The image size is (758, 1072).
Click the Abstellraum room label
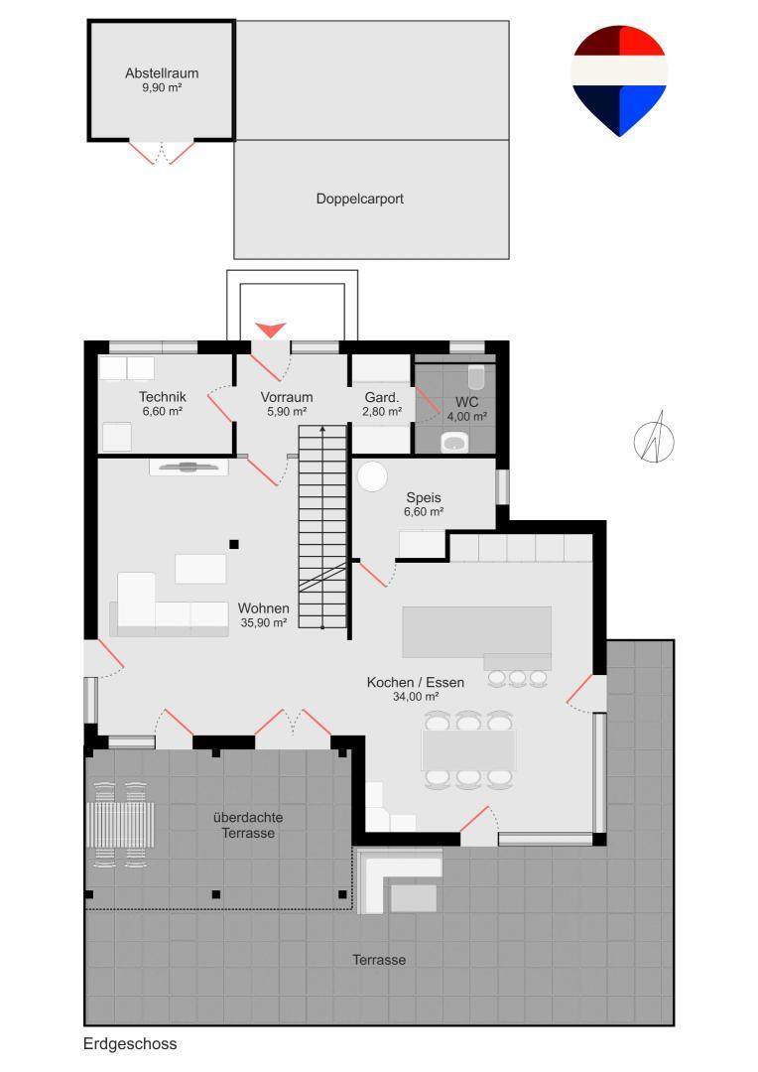tap(162, 73)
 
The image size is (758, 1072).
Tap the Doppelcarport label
tap(359, 199)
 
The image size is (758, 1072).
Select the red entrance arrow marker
tap(271, 331)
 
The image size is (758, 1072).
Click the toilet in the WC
tap(476, 377)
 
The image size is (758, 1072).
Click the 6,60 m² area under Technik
tap(162, 412)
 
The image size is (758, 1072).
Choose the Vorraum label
tap(287, 397)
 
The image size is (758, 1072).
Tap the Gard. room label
tap(381, 397)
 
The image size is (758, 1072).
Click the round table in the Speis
tap(372, 476)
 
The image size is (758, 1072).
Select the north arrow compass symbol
tap(654, 440)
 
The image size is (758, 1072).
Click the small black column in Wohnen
tap(234, 544)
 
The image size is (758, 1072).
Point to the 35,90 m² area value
tap(263, 622)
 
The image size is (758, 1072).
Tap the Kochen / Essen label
tap(416, 682)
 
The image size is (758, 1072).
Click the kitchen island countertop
tap(476, 632)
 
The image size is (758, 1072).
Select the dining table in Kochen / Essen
tap(468, 750)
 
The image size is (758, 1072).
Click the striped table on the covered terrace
tap(120, 825)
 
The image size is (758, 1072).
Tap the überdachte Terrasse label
tap(248, 825)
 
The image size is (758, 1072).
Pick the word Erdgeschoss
tap(130, 1044)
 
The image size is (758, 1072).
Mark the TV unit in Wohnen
tap(189, 468)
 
